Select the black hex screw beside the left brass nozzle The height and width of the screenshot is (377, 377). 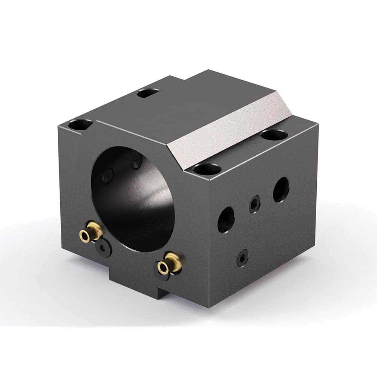pyautogui.click(x=103, y=248)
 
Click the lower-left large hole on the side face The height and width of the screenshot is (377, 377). pyautogui.click(x=226, y=218)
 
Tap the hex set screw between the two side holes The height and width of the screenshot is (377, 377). pyautogui.click(x=254, y=204)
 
